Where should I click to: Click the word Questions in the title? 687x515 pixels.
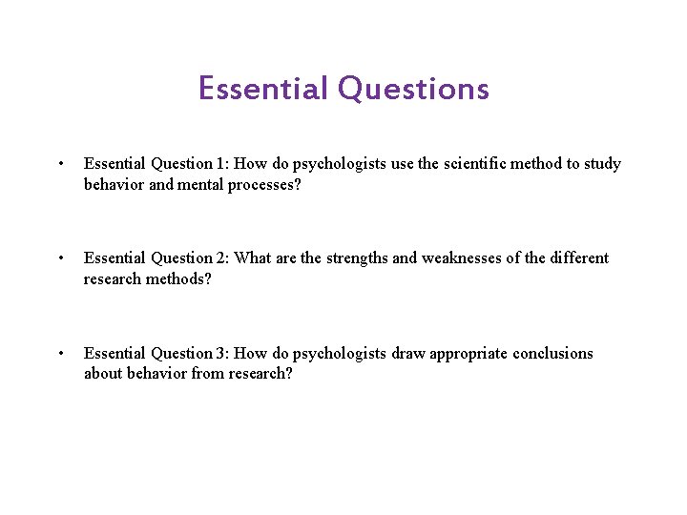(x=414, y=89)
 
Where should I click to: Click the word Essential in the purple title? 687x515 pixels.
(x=264, y=89)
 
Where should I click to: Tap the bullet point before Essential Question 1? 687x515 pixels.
(x=61, y=164)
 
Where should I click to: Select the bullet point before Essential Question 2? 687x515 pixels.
(x=61, y=257)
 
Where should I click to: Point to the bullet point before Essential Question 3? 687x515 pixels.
(x=61, y=353)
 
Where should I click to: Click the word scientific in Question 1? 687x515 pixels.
(x=475, y=164)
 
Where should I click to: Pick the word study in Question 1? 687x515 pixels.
(x=602, y=164)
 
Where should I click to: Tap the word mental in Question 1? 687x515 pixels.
(x=199, y=184)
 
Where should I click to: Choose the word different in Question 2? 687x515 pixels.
(x=576, y=257)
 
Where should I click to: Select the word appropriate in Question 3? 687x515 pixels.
(x=468, y=353)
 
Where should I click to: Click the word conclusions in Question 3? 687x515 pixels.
(x=552, y=353)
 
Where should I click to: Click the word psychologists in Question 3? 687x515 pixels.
(x=337, y=353)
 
